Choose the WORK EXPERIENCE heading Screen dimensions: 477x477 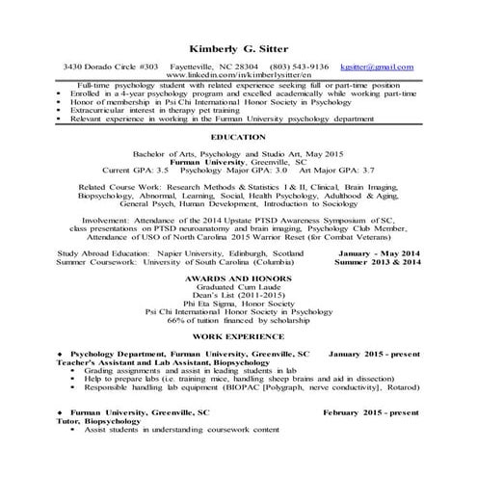tap(238, 338)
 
